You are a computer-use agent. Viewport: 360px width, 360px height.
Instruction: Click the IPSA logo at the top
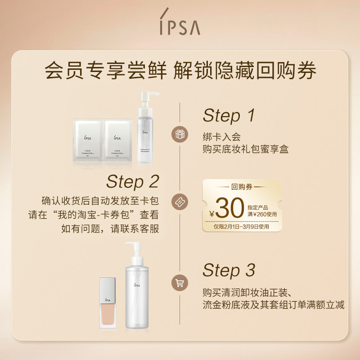tap(180, 27)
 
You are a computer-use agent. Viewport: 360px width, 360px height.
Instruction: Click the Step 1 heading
tap(229, 116)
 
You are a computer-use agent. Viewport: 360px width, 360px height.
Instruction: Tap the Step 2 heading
tap(133, 181)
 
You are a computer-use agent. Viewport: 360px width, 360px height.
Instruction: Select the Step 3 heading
tap(229, 270)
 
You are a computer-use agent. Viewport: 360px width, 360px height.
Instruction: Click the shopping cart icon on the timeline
tap(180, 283)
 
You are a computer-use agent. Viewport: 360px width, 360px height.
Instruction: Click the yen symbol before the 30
tap(212, 213)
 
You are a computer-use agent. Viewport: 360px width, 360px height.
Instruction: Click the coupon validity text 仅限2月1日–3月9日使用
tap(242, 227)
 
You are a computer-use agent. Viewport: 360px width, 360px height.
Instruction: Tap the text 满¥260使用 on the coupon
tap(262, 214)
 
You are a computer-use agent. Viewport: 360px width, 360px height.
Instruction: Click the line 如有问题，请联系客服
tap(110, 228)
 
